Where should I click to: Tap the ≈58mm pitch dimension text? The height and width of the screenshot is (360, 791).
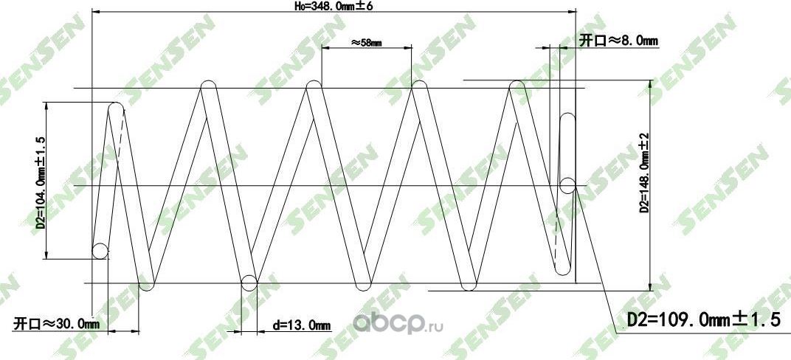366,43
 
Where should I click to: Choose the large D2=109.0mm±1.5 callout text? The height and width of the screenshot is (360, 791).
702,319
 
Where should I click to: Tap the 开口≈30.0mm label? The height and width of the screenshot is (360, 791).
56,324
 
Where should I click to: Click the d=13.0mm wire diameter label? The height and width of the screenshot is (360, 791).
300,325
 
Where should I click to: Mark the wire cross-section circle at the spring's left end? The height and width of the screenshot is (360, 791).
100,252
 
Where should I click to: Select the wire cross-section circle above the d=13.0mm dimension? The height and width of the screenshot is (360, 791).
249,282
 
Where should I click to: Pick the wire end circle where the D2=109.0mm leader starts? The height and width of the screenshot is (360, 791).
567,185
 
